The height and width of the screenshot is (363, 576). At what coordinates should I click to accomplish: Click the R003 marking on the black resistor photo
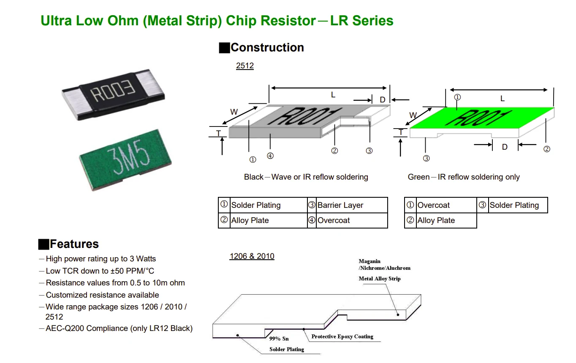[x=113, y=93]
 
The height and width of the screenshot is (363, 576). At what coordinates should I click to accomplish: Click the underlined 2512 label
[x=245, y=66]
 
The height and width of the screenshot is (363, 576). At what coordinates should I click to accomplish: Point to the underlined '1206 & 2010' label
[x=252, y=256]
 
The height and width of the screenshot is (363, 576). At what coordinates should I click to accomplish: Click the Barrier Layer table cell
[x=340, y=205]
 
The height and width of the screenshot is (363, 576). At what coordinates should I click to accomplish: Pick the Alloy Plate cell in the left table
[x=250, y=220]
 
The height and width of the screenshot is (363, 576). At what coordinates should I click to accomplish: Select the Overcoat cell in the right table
[x=434, y=205]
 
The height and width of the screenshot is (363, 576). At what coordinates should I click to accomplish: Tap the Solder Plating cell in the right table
[x=514, y=205]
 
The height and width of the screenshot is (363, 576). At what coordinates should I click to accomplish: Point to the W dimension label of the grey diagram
[x=234, y=112]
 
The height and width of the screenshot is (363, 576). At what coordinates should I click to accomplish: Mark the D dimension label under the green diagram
[x=505, y=147]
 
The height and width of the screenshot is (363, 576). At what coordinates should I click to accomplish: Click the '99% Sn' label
[x=279, y=339]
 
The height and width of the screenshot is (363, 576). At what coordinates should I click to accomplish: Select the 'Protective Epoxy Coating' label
[x=342, y=336]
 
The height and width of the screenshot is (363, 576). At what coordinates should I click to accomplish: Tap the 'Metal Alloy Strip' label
[x=380, y=279]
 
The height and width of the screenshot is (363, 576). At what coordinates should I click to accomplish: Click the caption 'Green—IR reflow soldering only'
[x=464, y=177]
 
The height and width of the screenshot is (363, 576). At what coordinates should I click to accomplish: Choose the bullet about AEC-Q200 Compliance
[x=119, y=328]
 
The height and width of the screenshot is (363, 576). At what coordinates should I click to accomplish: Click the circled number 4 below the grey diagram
[x=270, y=156]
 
